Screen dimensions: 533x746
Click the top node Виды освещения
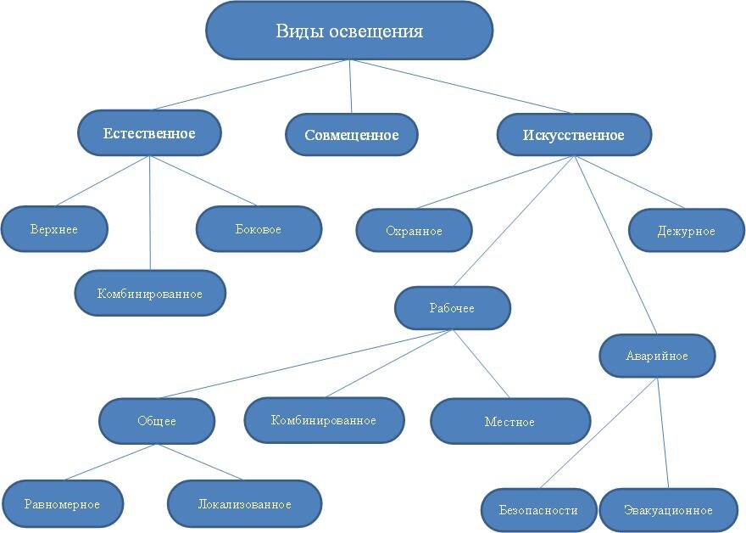pyautogui.click(x=349, y=31)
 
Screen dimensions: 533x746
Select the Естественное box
pyautogui.click(x=149, y=133)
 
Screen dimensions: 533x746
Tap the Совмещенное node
pyautogui.click(x=351, y=135)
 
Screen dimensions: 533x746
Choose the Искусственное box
pyautogui.click(x=573, y=135)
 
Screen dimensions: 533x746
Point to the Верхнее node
pyautogui.click(x=54, y=229)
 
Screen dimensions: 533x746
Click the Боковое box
pyautogui.click(x=259, y=229)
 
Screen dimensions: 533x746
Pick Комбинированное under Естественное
pyautogui.click(x=150, y=294)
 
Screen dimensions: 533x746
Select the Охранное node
pyautogui.click(x=414, y=231)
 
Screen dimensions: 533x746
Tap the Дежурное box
pyautogui.click(x=686, y=231)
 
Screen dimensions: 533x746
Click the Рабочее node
pyautogui.click(x=452, y=308)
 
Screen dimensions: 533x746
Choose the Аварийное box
pyautogui.click(x=657, y=356)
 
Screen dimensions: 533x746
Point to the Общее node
pyautogui.click(x=157, y=421)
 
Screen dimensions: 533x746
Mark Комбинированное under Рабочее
pyautogui.click(x=324, y=420)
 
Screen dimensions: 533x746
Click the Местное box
pyautogui.click(x=509, y=421)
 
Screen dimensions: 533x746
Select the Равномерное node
pyautogui.click(x=63, y=504)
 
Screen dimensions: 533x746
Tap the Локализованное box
pyautogui.click(x=244, y=504)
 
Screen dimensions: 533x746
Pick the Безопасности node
pyautogui.click(x=540, y=510)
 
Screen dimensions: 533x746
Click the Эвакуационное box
pyautogui.click(x=668, y=510)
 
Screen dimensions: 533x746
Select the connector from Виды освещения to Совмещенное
pyautogui.click(x=350, y=87)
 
